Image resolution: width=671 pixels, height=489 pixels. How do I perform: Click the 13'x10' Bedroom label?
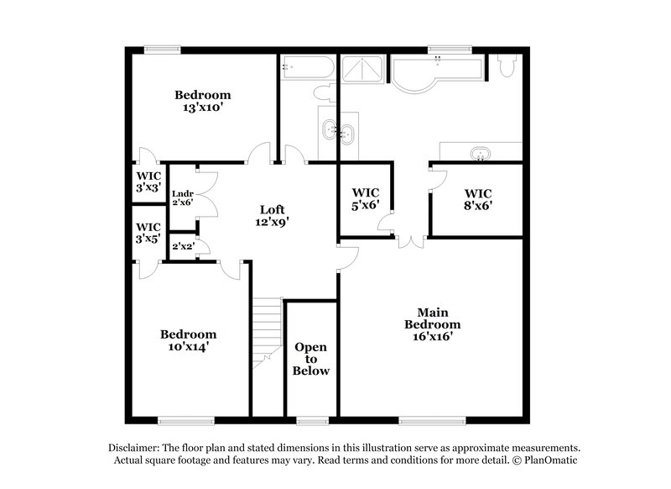coord(202,101)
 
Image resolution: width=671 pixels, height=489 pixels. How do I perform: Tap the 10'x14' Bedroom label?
coord(189,339)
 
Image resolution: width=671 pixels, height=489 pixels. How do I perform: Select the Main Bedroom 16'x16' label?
coord(432,324)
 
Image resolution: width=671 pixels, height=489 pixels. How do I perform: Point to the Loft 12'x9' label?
coord(273,216)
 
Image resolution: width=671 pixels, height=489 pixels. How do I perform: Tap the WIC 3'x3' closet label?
coord(148,182)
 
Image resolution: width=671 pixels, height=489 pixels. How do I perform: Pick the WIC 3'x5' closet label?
coord(148,232)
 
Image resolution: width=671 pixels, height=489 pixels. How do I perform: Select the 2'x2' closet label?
coord(181,247)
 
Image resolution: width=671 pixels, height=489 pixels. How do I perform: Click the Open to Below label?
coord(311,359)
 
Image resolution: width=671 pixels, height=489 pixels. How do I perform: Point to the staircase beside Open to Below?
coord(267,332)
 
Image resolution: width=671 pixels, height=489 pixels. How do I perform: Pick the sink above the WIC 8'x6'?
coord(481,154)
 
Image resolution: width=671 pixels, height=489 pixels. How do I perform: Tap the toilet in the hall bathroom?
coord(324,92)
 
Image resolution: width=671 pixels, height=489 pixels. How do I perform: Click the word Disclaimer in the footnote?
coord(137,448)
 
